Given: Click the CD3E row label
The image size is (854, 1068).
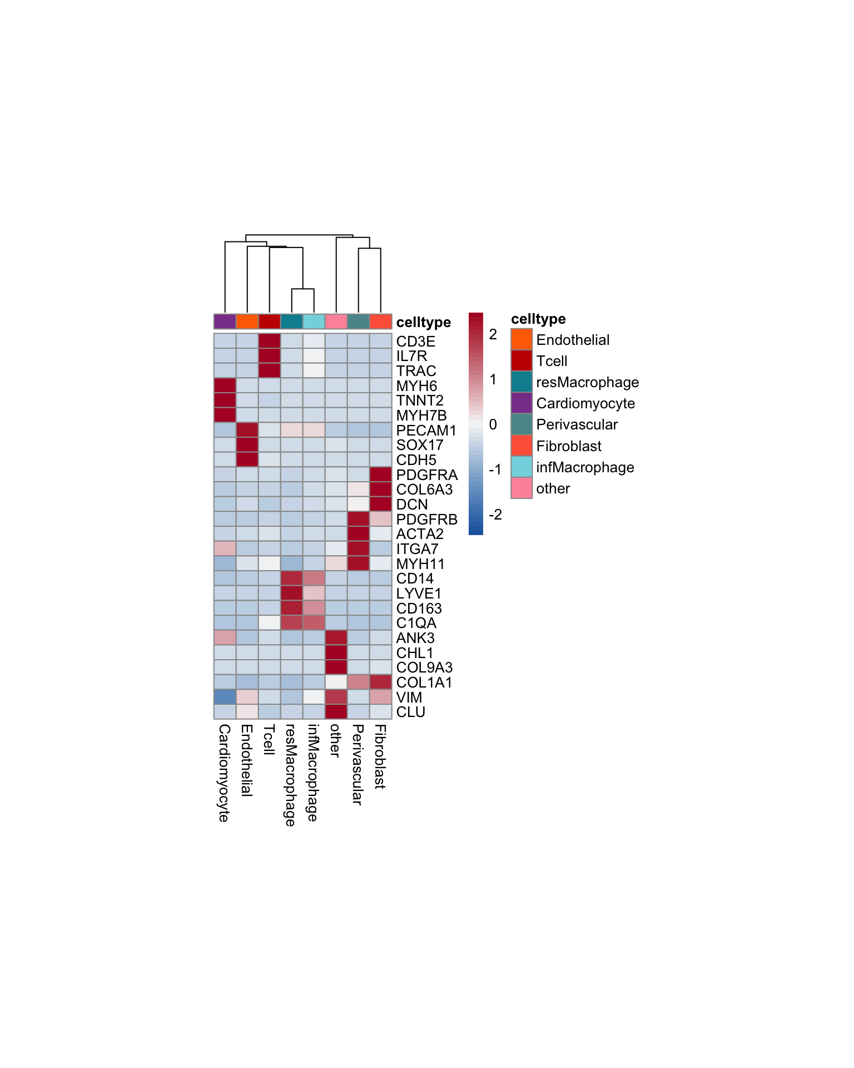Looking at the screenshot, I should pos(415,342).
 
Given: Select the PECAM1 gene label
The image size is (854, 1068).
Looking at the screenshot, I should pos(426,431).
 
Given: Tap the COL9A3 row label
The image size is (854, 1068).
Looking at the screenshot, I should pos(424,667).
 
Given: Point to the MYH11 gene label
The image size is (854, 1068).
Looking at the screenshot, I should pos(420,564).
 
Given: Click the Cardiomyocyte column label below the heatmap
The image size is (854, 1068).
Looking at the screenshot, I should pos(224,773).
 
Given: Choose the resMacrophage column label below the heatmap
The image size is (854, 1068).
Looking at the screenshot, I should pos(290,775).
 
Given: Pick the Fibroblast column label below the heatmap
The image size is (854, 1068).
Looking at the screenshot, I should pos(380,756).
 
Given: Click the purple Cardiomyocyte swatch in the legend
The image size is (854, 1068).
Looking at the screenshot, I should pos(522,403).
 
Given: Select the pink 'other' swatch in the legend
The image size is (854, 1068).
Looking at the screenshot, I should pos(522,488).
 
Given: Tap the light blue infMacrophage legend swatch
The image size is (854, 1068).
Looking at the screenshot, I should pos(522,467).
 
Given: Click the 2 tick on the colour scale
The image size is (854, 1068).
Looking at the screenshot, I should pos(493,334).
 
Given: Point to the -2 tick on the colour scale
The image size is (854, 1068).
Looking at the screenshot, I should pos(495,515).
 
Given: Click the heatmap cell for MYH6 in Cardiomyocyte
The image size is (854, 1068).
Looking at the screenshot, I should pos(225,385).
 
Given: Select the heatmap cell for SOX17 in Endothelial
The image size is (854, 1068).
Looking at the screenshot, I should pos(247,445).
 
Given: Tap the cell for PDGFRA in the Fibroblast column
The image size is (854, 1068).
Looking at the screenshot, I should pos(381,474).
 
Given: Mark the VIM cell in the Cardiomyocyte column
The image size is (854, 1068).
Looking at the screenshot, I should pos(225,697).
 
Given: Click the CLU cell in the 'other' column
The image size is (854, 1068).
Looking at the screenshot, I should pos(336,712).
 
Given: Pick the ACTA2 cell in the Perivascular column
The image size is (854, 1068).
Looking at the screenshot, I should pos(359,534).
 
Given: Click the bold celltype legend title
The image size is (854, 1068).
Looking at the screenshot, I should pos(538,319).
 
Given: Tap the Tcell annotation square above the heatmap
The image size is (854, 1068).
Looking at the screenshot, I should pos(270,322).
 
